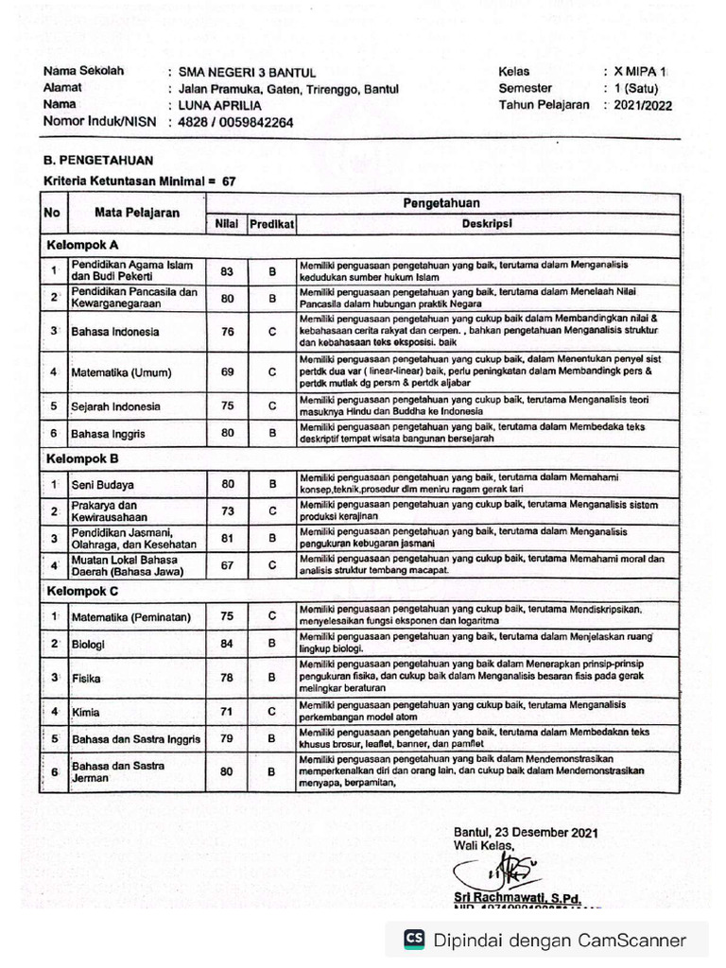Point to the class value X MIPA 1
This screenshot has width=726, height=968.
point(640,72)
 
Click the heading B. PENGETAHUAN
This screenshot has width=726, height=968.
point(98,161)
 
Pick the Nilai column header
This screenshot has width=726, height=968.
point(225,225)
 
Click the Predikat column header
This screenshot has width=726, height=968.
point(272,225)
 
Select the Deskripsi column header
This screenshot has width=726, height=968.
point(487,225)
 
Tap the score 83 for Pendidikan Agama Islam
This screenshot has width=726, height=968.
point(227,271)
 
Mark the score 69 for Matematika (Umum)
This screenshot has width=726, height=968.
point(227,372)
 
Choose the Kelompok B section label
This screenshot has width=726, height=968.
point(83,458)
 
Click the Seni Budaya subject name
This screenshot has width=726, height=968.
point(102,484)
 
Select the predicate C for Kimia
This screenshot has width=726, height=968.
point(272,711)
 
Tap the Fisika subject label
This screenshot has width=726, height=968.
point(86,678)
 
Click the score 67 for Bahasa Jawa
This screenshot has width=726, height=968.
point(227,565)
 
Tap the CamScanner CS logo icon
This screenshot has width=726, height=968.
point(414,940)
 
